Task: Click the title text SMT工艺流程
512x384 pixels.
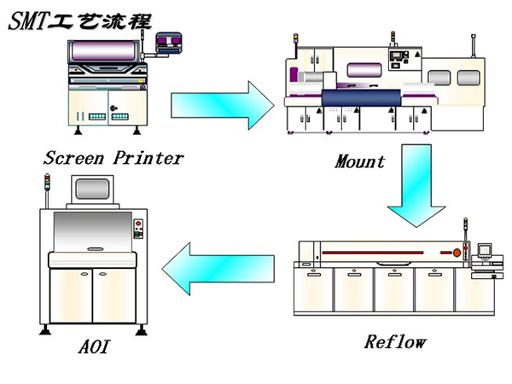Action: coord(80,20)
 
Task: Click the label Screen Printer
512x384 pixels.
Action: coord(113,158)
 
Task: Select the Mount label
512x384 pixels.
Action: coord(359,160)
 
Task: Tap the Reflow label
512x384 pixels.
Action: coord(394,342)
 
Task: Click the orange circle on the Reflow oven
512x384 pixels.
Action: coord(457,253)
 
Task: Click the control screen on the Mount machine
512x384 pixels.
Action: coord(399,62)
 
